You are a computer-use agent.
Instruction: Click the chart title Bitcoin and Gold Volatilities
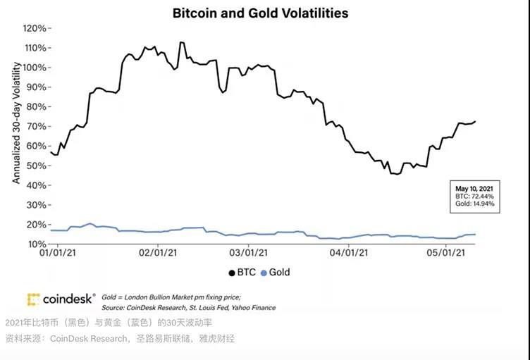pyautogui.click(x=260, y=13)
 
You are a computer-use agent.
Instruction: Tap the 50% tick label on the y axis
pyautogui.click(x=37, y=166)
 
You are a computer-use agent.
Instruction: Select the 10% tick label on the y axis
pyautogui.click(x=37, y=244)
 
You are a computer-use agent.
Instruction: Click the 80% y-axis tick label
pyautogui.click(x=37, y=106)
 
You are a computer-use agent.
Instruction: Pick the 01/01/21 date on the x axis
pyautogui.click(x=58, y=252)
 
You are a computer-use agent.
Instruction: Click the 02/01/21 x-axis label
pyautogui.click(x=159, y=252)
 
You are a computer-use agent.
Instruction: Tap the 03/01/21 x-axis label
pyautogui.click(x=249, y=252)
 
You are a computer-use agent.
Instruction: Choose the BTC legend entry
pyautogui.click(x=241, y=272)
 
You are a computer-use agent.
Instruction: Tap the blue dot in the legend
pyautogui.click(x=264, y=272)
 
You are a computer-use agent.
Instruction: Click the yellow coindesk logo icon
pyautogui.click(x=33, y=299)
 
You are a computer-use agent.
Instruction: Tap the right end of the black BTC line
pyautogui.click(x=475, y=121)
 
